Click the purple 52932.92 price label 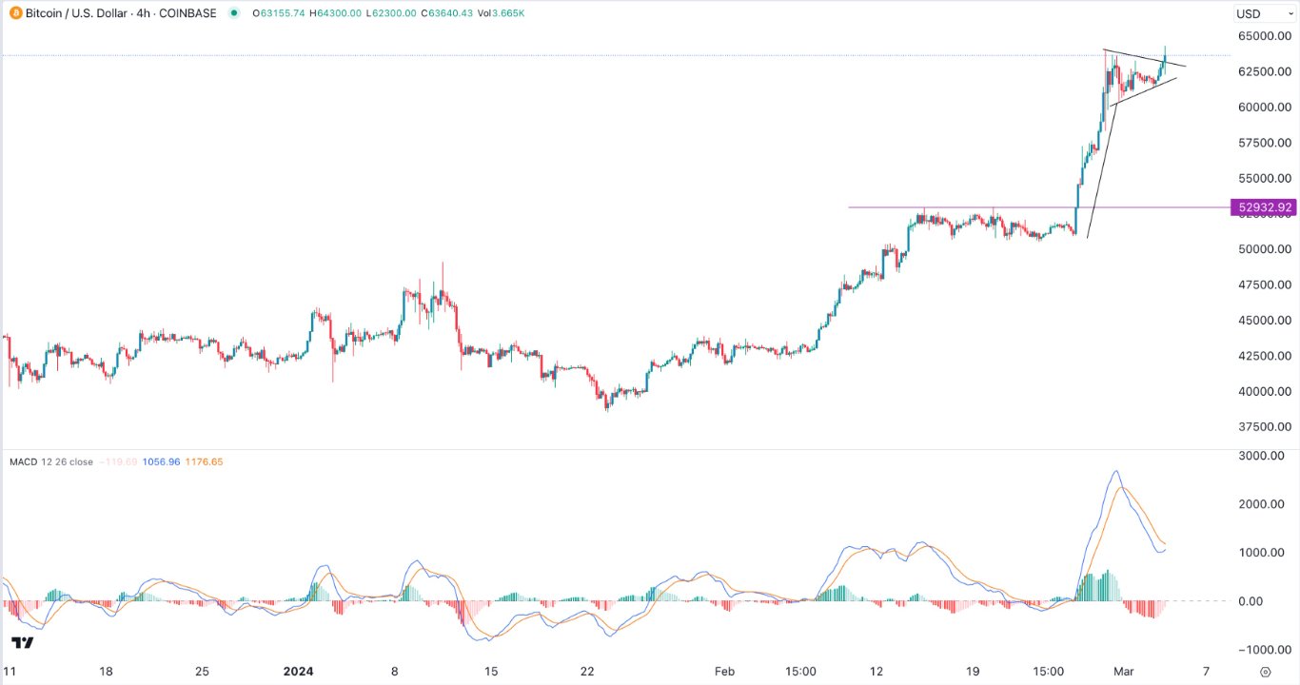tap(1263, 207)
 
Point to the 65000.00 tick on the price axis tap(1264, 36)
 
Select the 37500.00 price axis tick tap(1264, 427)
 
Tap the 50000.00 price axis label tap(1264, 249)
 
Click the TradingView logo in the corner tap(23, 643)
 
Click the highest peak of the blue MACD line tap(1115, 471)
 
